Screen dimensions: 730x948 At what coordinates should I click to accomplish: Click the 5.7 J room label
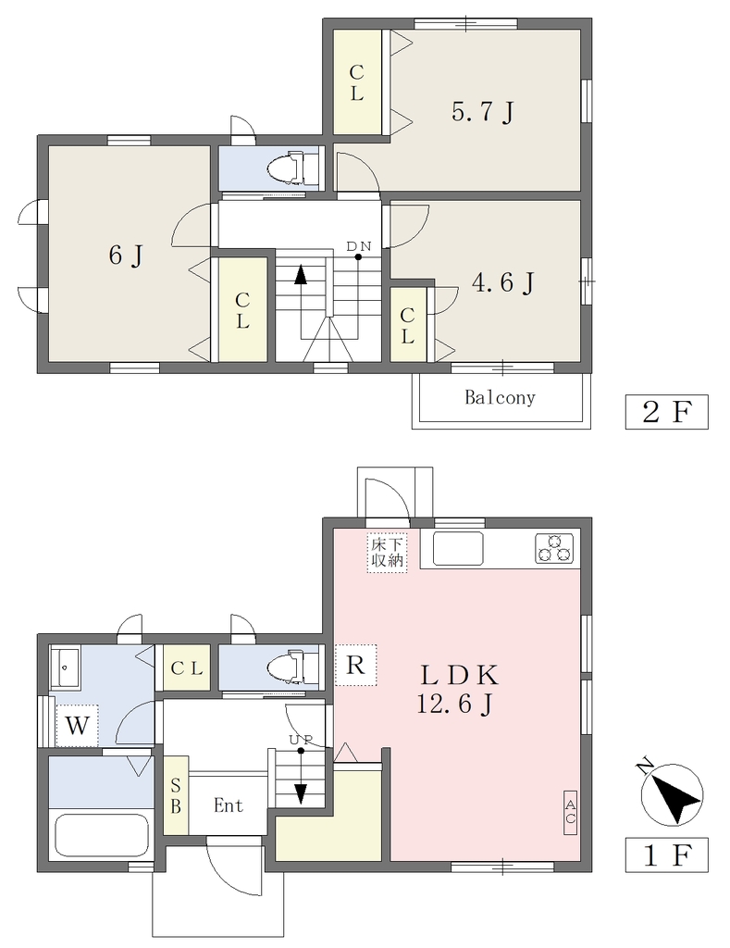[483, 112]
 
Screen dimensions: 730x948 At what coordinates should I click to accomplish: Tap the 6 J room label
[127, 256]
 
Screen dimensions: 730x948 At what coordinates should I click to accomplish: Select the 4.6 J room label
[502, 282]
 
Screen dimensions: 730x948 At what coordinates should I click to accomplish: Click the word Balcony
[500, 397]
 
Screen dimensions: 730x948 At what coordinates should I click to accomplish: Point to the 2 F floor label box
[666, 412]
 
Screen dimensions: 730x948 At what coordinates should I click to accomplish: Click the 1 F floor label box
[666, 854]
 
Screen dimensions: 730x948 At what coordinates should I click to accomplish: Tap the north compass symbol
[673, 792]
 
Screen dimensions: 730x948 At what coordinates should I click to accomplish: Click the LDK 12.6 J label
[457, 689]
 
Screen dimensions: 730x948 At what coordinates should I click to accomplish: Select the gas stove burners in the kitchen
[553, 549]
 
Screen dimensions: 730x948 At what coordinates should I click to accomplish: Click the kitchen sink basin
[458, 548]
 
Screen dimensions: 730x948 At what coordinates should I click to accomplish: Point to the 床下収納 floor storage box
[387, 552]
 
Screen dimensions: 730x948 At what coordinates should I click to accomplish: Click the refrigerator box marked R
[355, 665]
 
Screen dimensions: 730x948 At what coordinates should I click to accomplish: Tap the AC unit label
[571, 812]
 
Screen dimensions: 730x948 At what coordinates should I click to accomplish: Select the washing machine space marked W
[78, 725]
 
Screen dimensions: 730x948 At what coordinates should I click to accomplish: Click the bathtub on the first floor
[102, 834]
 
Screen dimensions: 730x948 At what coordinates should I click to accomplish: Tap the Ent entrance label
[229, 805]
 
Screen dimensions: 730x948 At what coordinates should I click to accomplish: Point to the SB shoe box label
[176, 796]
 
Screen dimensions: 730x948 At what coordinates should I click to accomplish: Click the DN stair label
[358, 246]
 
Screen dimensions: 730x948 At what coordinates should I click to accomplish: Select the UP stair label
[301, 740]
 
